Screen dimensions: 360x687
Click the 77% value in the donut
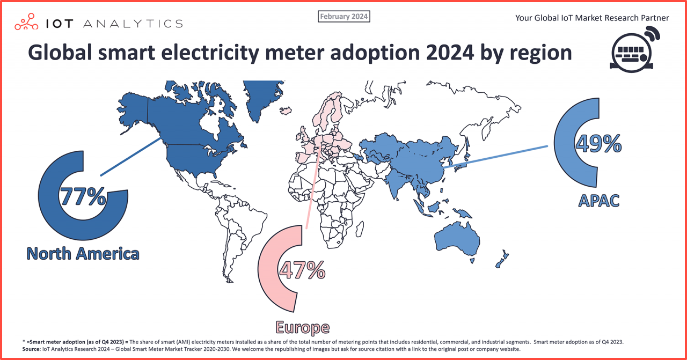(x=83, y=197)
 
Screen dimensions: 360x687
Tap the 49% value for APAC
(x=598, y=144)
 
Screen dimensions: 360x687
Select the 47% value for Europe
(x=301, y=270)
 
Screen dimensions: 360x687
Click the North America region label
(x=83, y=253)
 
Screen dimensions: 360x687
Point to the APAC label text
(x=598, y=201)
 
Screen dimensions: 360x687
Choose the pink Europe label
(x=302, y=327)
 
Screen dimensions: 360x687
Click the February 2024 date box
(x=344, y=17)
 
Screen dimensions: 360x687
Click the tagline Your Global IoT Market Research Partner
(x=592, y=18)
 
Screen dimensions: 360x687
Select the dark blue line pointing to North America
(x=131, y=156)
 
